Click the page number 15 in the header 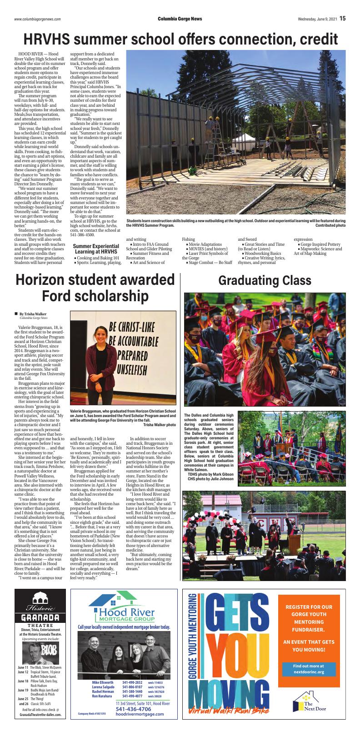click(342, 18)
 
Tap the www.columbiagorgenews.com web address click(38, 19)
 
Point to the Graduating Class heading click(265, 280)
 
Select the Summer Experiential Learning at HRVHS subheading click(96, 249)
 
